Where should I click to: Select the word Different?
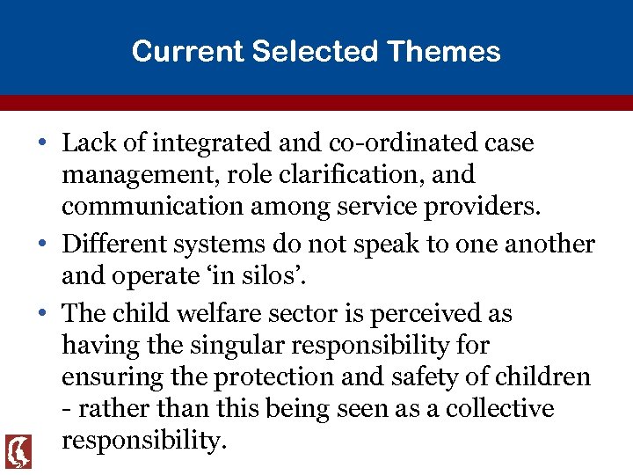click(115, 245)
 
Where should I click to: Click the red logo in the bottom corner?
click(18, 451)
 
